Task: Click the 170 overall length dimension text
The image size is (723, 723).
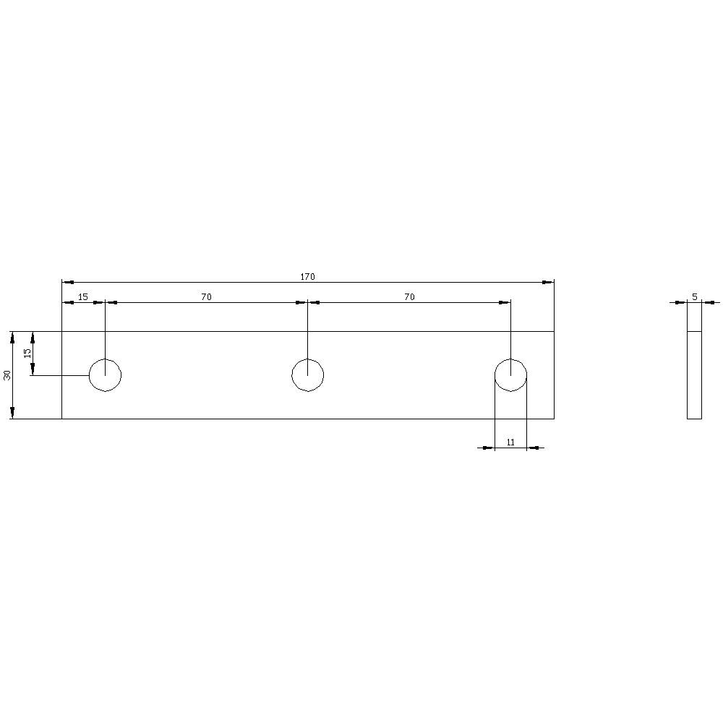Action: point(308,277)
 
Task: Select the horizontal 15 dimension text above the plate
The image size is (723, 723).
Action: point(83,297)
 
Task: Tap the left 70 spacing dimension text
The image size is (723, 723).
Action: point(207,297)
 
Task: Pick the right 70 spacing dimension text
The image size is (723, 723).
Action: point(410,297)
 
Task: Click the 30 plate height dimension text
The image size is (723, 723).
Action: point(7,375)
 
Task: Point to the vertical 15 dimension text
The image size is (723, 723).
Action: point(27,354)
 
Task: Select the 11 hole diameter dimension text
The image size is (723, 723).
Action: point(510,442)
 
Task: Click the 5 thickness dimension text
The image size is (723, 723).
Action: point(694,297)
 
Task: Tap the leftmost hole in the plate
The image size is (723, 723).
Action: point(106,375)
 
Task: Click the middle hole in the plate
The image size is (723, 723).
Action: point(308,375)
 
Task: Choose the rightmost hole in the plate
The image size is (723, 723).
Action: point(510,375)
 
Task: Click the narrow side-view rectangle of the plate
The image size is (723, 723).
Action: point(694,375)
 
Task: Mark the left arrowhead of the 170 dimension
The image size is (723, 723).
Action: point(67,282)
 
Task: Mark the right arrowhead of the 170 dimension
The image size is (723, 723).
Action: point(549,282)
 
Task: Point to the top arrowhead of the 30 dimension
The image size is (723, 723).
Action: point(12,337)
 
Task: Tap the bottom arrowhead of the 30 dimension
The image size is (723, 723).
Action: point(12,414)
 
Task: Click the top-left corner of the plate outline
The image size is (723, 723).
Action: point(62,332)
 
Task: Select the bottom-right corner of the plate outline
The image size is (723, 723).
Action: point(554,419)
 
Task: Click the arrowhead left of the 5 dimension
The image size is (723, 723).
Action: point(681,302)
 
